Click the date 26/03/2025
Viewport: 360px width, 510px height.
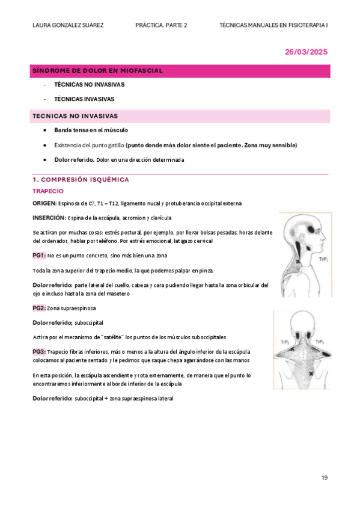point(306,52)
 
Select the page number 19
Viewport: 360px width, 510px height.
point(325,478)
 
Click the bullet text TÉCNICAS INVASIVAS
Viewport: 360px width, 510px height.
point(84,99)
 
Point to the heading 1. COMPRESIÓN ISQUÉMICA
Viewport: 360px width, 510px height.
point(81,180)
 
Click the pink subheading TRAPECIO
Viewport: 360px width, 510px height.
point(48,191)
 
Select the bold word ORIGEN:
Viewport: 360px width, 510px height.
point(44,203)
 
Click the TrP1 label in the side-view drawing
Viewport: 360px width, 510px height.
point(323,259)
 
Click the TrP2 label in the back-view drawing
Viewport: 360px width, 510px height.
point(285,342)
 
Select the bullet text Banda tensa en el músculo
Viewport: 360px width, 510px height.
point(91,130)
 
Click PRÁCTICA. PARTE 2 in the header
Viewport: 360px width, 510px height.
point(161,25)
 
